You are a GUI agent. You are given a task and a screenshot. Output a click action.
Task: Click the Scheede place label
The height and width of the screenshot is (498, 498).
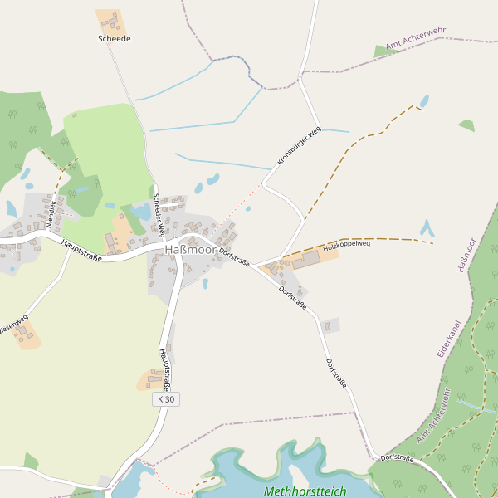click(115, 39)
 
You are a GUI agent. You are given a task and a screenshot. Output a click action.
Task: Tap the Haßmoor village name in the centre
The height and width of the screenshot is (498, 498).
click(190, 250)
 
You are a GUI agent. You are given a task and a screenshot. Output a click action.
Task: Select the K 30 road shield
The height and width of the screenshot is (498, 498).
click(166, 399)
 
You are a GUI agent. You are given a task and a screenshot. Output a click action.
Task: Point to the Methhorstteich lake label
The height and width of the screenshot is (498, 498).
click(305, 491)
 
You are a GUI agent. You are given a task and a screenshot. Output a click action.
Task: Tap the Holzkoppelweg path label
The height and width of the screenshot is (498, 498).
click(346, 245)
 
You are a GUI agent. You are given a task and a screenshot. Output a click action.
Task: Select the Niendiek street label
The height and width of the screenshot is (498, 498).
click(51, 213)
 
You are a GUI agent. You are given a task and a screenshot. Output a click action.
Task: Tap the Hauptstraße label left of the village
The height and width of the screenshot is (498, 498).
click(81, 250)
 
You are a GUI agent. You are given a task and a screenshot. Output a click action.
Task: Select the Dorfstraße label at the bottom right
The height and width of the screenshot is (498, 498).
click(397, 457)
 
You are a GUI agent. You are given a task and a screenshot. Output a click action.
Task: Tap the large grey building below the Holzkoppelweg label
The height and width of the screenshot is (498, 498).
click(305, 261)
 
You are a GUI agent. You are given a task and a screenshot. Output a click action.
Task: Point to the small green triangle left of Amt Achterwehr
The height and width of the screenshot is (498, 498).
click(381, 51)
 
